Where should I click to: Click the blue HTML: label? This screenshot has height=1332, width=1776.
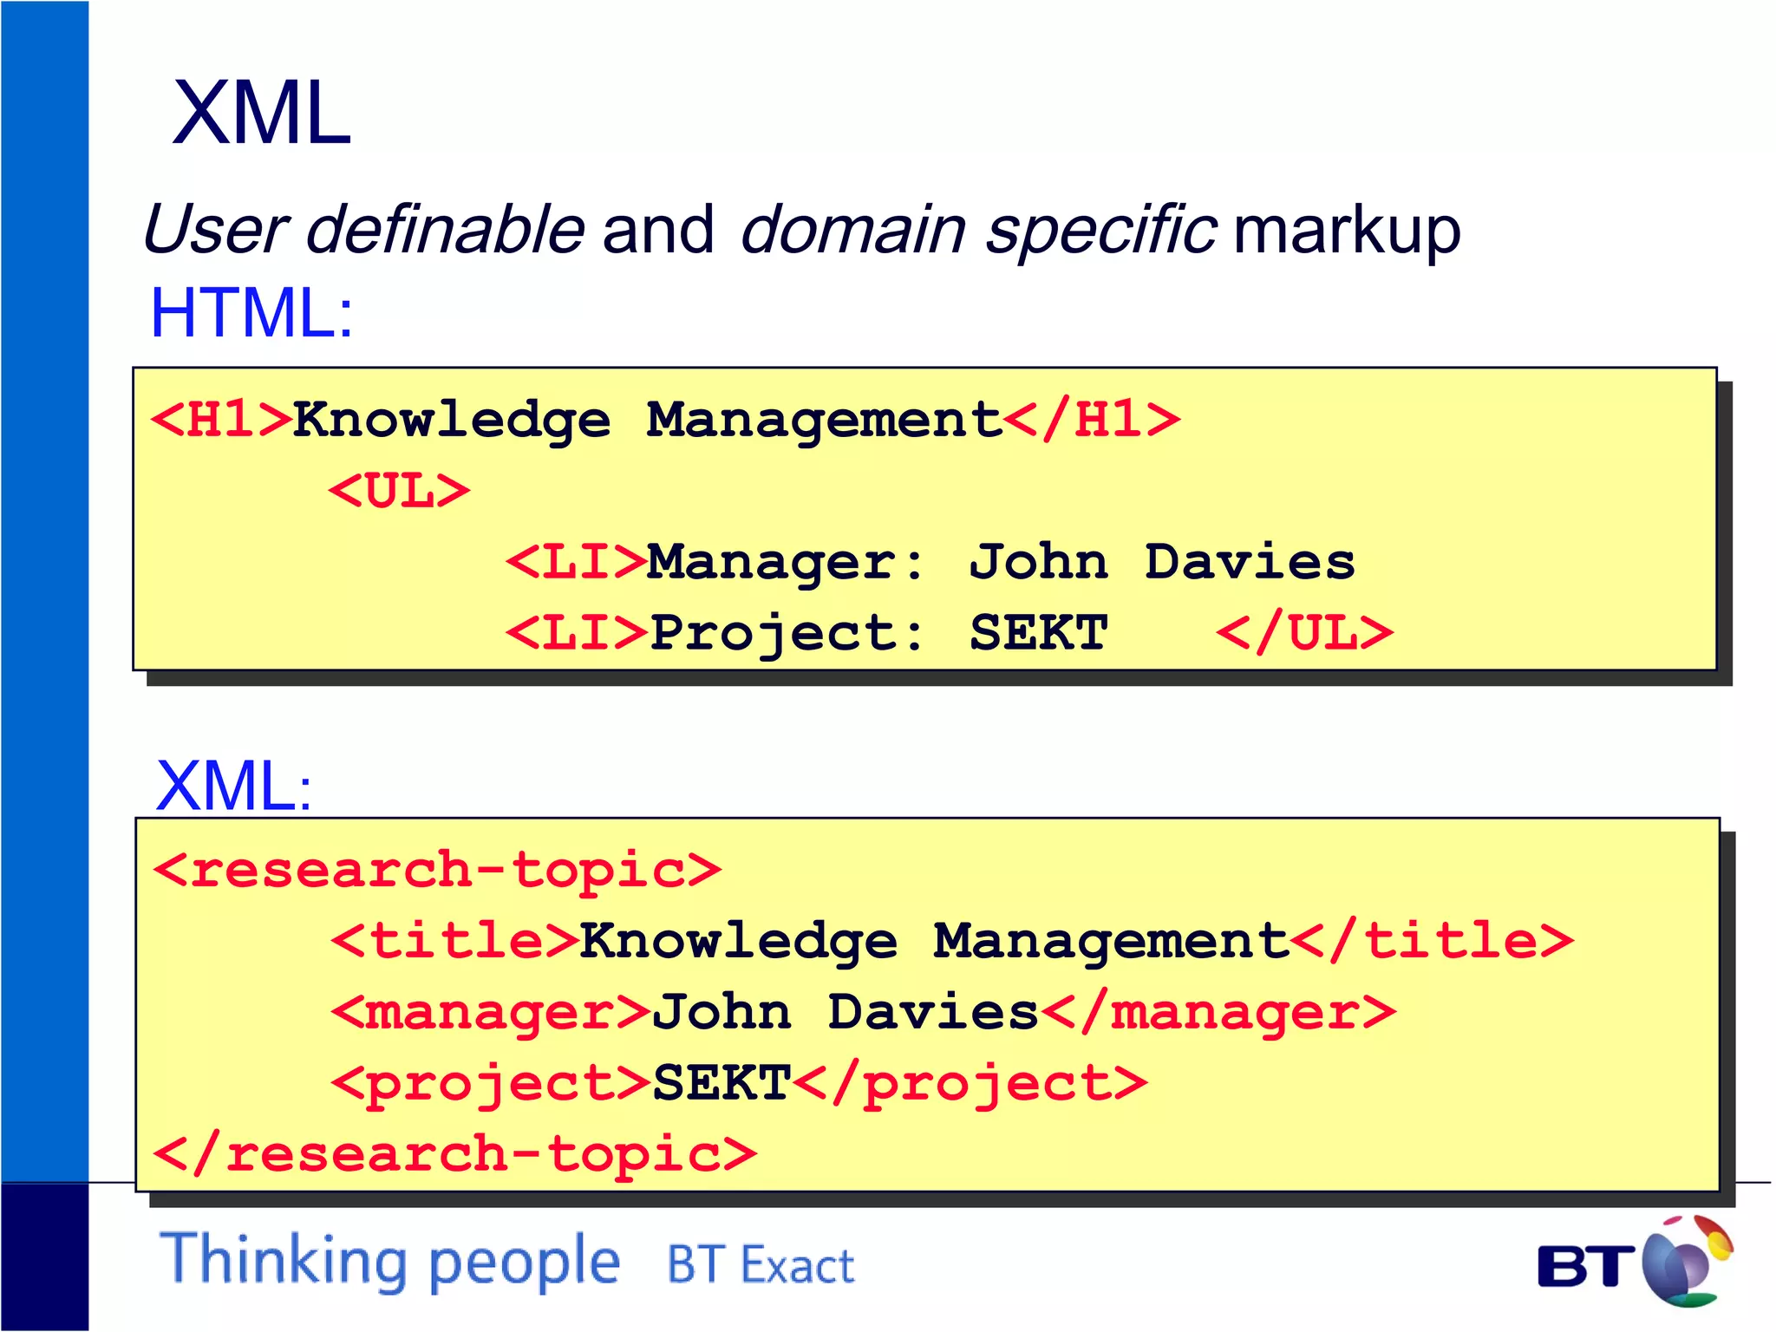point(251,313)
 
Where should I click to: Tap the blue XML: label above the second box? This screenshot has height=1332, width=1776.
point(232,786)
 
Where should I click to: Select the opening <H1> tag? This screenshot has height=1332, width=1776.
point(222,420)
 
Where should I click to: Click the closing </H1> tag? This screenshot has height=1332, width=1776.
point(1092,420)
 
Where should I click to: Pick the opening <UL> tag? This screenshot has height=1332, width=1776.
point(399,491)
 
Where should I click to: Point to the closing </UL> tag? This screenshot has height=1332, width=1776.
point(1304,633)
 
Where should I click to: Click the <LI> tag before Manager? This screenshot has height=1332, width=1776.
point(576,562)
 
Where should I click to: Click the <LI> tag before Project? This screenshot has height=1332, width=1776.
point(576,633)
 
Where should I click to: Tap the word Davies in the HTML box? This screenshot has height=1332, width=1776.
point(1249,562)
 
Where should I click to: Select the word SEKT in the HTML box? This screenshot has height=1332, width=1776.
point(1038,633)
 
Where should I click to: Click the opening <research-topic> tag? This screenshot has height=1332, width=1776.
point(437,870)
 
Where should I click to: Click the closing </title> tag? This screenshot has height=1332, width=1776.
point(1432,941)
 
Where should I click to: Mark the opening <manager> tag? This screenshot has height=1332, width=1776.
point(491,1013)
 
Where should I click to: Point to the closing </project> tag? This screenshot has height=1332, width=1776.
point(970,1084)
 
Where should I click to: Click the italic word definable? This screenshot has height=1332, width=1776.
point(445,229)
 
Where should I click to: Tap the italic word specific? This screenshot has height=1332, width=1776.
point(1100,229)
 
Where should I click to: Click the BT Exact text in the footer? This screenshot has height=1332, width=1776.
point(761,1265)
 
